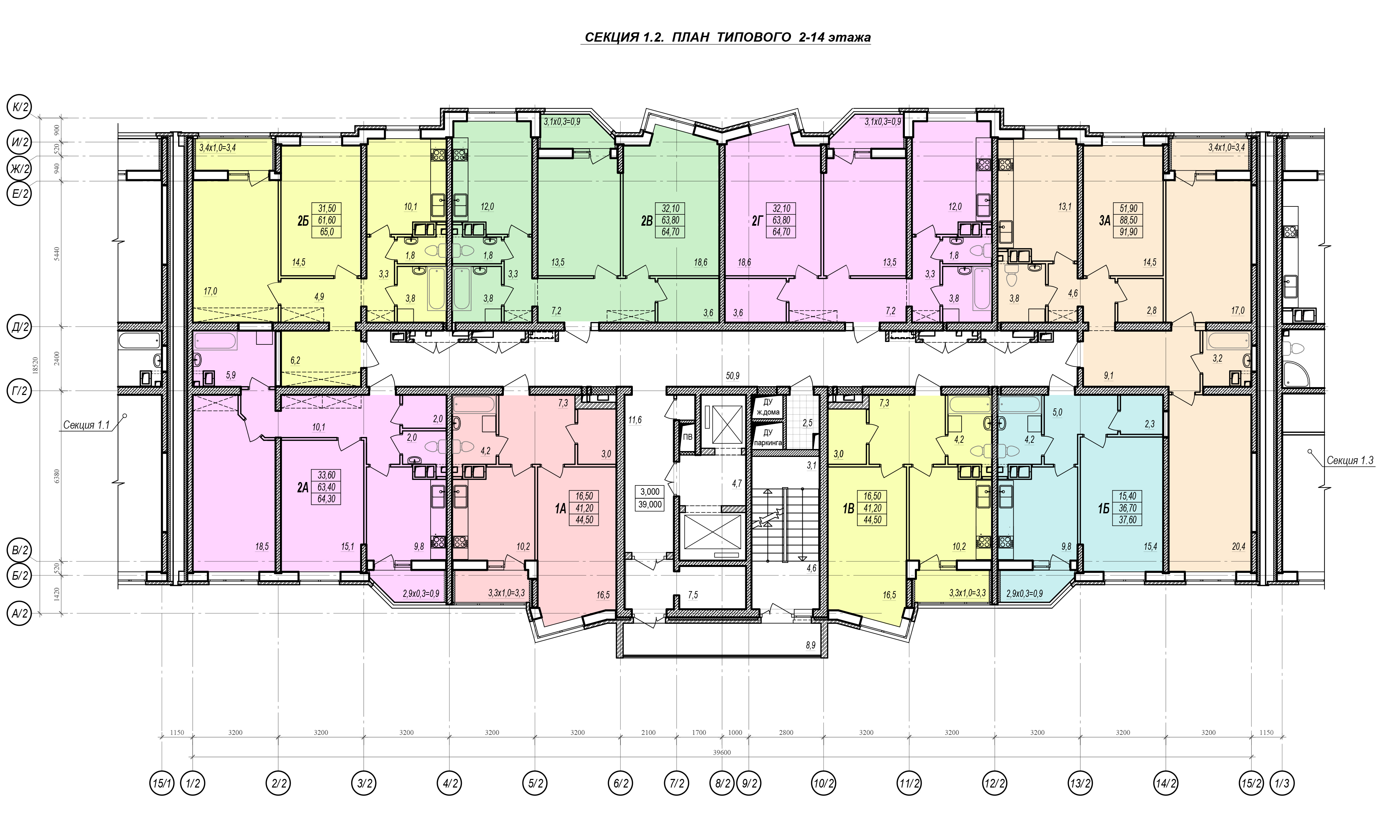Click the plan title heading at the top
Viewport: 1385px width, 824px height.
pyautogui.click(x=727, y=37)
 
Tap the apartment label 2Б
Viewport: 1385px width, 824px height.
pyautogui.click(x=302, y=221)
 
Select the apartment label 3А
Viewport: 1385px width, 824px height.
pyautogui.click(x=1104, y=221)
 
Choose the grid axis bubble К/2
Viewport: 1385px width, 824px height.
pyautogui.click(x=19, y=107)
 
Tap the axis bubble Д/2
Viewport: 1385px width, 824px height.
pyautogui.click(x=19, y=327)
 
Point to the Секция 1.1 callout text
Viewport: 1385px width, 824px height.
pyautogui.click(x=86, y=425)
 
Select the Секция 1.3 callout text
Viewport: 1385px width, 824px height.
pyautogui.click(x=1350, y=460)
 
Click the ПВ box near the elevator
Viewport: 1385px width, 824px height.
pyautogui.click(x=688, y=437)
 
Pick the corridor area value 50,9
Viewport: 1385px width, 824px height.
pyautogui.click(x=733, y=376)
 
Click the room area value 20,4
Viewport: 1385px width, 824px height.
pyautogui.click(x=1238, y=546)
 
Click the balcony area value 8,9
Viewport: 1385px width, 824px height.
pyautogui.click(x=810, y=645)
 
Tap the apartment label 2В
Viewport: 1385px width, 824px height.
pyautogui.click(x=647, y=221)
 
